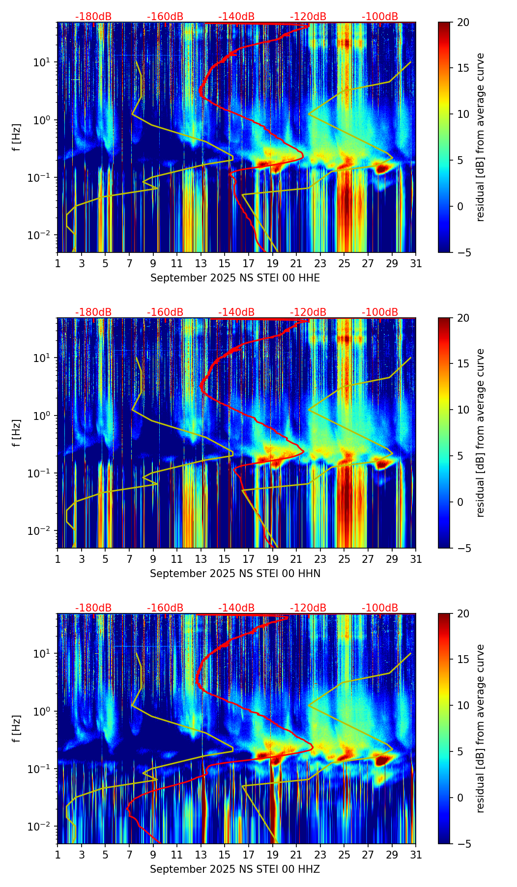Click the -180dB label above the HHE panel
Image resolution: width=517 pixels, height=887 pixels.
(x=93, y=17)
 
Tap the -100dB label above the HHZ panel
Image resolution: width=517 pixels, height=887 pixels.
(x=380, y=608)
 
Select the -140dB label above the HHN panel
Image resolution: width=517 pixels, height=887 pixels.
(x=236, y=312)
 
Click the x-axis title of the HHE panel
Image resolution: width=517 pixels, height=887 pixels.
(x=235, y=278)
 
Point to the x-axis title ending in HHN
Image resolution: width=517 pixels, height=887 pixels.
(x=235, y=574)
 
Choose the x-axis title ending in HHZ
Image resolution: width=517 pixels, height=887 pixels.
(x=235, y=869)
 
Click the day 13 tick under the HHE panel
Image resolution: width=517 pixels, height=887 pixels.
(x=201, y=263)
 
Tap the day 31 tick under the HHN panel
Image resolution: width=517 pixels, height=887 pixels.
(x=416, y=559)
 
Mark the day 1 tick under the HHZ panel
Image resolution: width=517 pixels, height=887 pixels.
(x=57, y=855)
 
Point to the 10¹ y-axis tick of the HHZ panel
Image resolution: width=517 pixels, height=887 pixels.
(x=41, y=654)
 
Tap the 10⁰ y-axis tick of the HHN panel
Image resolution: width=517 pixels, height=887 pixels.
(x=41, y=416)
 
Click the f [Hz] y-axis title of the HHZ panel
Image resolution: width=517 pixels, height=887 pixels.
(x=17, y=728)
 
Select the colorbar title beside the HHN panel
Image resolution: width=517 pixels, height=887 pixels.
(x=481, y=433)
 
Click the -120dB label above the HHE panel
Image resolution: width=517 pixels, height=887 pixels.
(x=308, y=17)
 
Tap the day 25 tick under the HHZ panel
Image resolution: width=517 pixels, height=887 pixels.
(x=344, y=855)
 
